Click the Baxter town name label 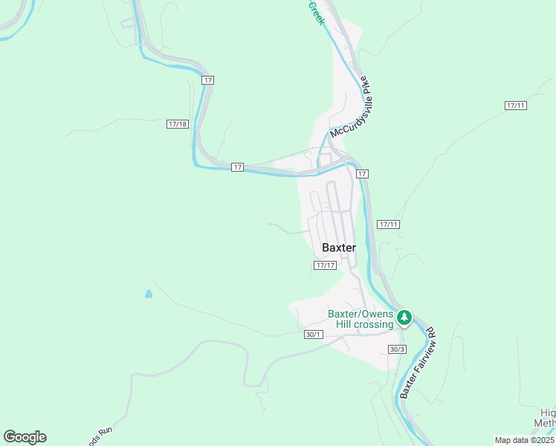tap(338, 248)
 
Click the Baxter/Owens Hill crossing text tap(361, 319)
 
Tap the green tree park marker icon tap(404, 319)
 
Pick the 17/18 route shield tap(177, 124)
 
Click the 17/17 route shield tap(326, 265)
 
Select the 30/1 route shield tap(314, 334)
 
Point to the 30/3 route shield tap(397, 349)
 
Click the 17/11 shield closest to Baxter tap(388, 224)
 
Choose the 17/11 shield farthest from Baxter tap(515, 106)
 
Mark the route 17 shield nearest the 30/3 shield tap(362, 173)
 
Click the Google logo tap(25, 437)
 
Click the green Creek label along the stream tap(317, 13)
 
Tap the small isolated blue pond tap(149, 294)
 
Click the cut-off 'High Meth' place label tap(547, 418)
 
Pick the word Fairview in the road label tap(422, 354)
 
